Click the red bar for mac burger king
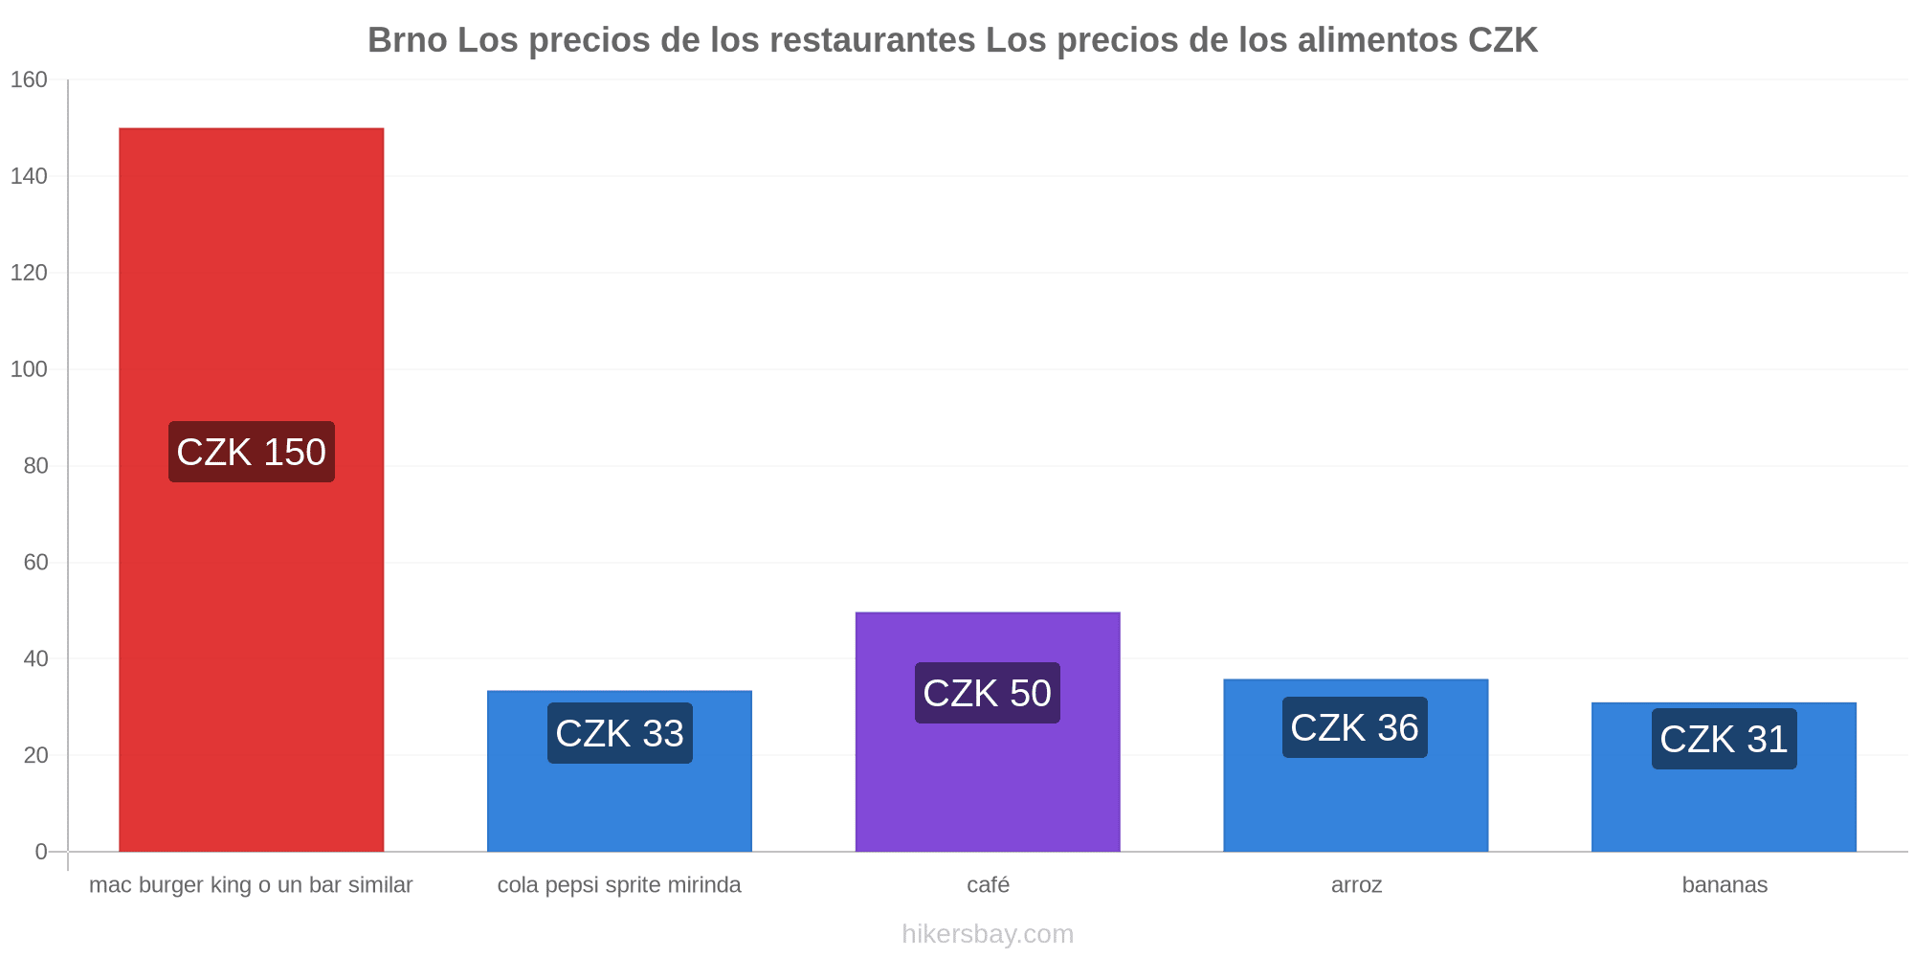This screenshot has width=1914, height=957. click(251, 490)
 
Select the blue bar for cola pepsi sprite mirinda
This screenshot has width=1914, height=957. click(619, 771)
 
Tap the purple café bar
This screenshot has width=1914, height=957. click(988, 732)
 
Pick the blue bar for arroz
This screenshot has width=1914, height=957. click(1356, 766)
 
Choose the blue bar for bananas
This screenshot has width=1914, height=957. click(1724, 777)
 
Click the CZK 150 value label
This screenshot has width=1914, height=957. click(252, 452)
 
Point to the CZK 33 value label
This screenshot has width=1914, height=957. click(620, 733)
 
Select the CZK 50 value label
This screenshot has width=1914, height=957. click(988, 693)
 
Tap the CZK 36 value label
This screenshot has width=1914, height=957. click(1355, 727)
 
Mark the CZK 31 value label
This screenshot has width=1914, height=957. click(1725, 739)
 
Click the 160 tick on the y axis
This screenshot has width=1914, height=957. click(29, 79)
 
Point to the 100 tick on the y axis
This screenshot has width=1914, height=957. click(29, 369)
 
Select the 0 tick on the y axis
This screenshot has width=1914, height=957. click(41, 852)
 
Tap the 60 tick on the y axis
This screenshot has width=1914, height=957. click(35, 562)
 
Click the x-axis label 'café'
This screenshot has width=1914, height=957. click(989, 884)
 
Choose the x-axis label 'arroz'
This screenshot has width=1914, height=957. click(1357, 885)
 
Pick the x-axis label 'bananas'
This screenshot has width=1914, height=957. click(1725, 884)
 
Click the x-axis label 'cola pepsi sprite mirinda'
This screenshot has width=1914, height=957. click(619, 885)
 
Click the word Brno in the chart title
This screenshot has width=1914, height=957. click(408, 40)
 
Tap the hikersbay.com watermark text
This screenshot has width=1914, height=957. click(988, 934)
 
